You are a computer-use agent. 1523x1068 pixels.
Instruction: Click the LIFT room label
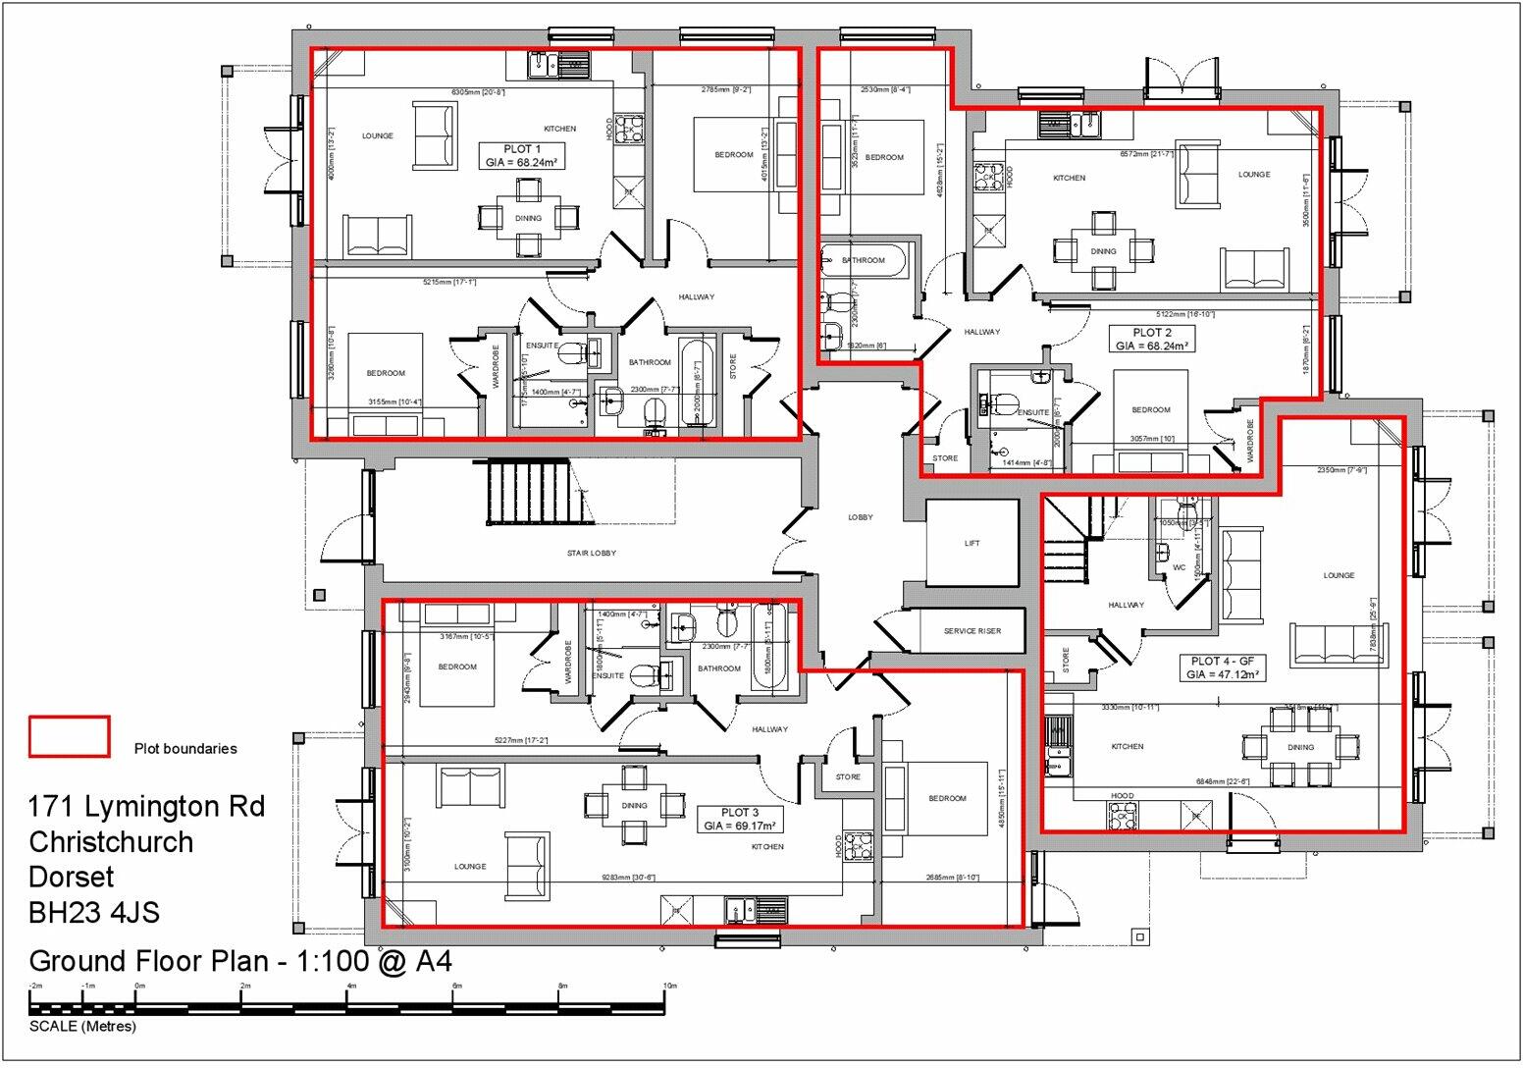(x=972, y=543)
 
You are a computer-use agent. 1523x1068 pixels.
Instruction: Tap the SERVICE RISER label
(x=972, y=631)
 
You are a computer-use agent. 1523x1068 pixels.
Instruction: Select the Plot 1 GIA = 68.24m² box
(x=522, y=156)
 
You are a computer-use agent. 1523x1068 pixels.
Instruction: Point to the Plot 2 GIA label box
(x=1152, y=339)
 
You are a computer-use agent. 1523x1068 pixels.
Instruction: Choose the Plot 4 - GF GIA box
(x=1221, y=667)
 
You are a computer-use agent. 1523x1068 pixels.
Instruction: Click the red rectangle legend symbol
(x=69, y=736)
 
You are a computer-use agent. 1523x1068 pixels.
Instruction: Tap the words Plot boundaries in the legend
(x=185, y=748)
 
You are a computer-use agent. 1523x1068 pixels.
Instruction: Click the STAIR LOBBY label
(x=592, y=553)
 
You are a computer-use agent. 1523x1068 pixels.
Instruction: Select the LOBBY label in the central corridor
(x=861, y=517)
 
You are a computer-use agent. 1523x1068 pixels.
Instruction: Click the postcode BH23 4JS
(x=94, y=913)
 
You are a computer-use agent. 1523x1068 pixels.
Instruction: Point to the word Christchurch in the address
(x=111, y=842)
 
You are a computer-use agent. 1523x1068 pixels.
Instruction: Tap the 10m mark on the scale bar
(x=669, y=986)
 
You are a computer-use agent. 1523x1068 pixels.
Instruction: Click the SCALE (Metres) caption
(x=82, y=1027)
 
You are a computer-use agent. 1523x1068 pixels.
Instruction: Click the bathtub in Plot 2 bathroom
(x=865, y=260)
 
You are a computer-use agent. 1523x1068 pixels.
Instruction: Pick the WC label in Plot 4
(x=1179, y=567)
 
